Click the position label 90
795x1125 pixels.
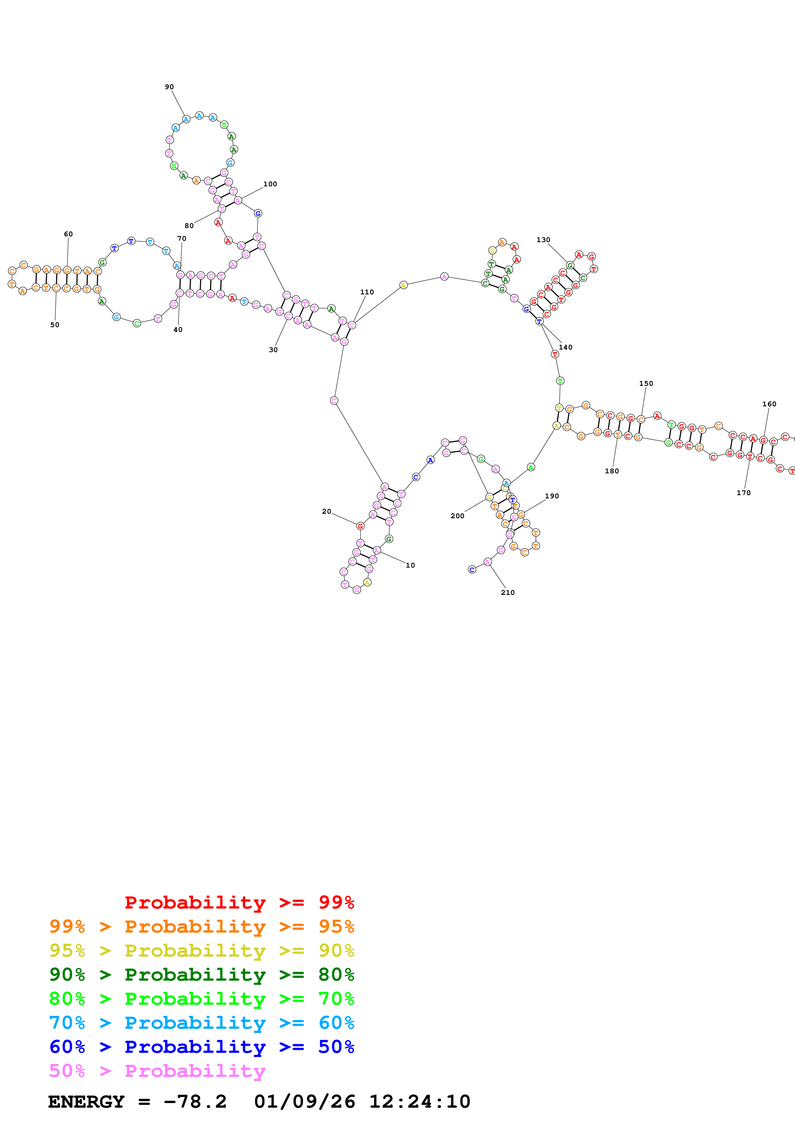click(169, 87)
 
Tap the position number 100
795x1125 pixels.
click(270, 184)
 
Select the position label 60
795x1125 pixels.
click(68, 234)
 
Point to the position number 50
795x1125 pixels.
click(55, 325)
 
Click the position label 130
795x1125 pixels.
click(543, 240)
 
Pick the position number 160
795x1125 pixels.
click(769, 404)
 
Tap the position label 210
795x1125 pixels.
click(507, 592)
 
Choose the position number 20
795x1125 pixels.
click(326, 512)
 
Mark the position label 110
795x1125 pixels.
click(367, 292)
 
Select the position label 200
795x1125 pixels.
click(457, 516)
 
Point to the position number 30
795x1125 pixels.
click(273, 350)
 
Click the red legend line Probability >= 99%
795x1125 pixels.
click(239, 902)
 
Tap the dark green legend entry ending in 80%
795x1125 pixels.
click(201, 975)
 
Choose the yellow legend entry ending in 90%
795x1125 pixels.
click(201, 951)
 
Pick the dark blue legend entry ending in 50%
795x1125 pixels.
click(201, 1047)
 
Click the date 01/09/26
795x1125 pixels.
click(304, 1102)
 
